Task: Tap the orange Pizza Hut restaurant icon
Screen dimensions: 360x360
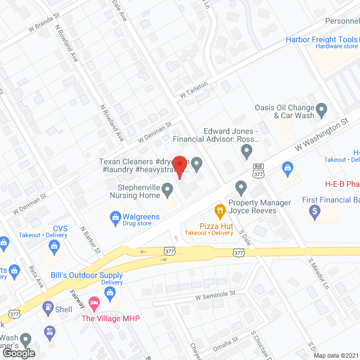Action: [220, 211]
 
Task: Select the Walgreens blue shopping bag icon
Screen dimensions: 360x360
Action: [115, 216]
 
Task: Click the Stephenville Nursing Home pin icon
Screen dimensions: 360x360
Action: [168, 192]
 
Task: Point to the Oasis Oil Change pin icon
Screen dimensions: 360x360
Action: [321, 109]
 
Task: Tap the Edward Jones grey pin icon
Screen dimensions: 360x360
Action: [246, 150]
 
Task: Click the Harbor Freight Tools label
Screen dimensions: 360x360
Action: [322, 39]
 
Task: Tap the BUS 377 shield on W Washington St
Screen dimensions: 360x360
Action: [259, 170]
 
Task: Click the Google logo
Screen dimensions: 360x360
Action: [19, 353]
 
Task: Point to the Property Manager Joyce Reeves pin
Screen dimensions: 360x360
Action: [241, 187]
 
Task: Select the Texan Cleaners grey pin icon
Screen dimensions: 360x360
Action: [197, 164]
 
